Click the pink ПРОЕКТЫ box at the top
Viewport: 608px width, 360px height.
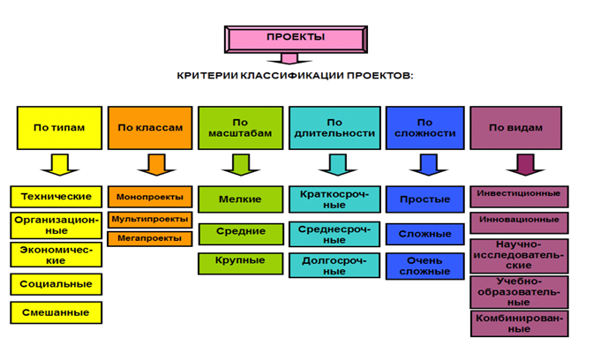click(x=296, y=40)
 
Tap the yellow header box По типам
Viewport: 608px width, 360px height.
click(x=59, y=128)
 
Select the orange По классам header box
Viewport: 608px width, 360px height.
click(x=150, y=128)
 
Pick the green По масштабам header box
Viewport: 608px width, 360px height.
click(x=240, y=128)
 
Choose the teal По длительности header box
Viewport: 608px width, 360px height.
click(x=334, y=128)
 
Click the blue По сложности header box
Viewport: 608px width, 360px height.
click(x=425, y=128)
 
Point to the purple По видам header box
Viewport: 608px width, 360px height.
click(x=515, y=128)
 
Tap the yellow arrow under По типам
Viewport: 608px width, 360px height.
click(x=60, y=165)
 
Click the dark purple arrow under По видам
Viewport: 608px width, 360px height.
click(x=525, y=165)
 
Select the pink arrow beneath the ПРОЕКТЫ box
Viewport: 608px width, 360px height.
click(x=289, y=59)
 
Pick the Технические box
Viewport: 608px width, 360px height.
click(x=56, y=197)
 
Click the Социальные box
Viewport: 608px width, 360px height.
click(x=56, y=284)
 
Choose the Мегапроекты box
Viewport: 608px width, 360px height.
click(x=150, y=239)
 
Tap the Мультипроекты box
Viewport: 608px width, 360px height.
click(x=150, y=220)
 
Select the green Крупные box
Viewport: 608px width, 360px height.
click(x=240, y=264)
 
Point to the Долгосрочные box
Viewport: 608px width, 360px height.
click(x=334, y=266)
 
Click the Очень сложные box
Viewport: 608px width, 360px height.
click(x=425, y=266)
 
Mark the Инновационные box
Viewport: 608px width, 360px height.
click(x=519, y=223)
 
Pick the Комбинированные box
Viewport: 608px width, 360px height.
click(x=520, y=324)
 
